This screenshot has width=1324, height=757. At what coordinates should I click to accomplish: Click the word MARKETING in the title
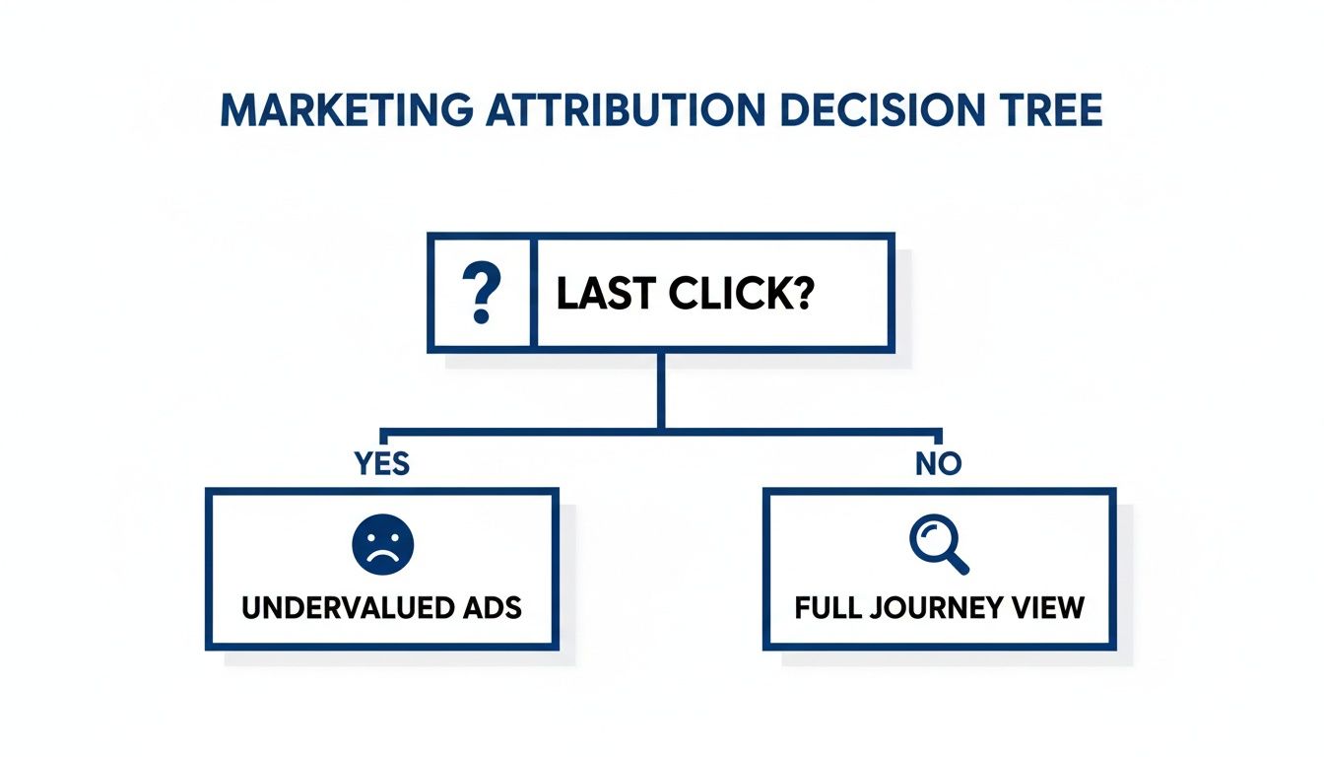(344, 110)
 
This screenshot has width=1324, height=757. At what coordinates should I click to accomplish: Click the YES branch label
(381, 463)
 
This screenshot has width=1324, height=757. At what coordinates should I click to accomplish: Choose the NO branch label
(938, 463)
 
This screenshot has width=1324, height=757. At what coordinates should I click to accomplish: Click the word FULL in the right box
(827, 606)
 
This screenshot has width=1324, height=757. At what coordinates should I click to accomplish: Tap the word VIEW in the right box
(1050, 606)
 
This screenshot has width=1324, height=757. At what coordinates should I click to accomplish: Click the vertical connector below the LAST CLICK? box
(661, 389)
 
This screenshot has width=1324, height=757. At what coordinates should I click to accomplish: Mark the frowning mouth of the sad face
(382, 555)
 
